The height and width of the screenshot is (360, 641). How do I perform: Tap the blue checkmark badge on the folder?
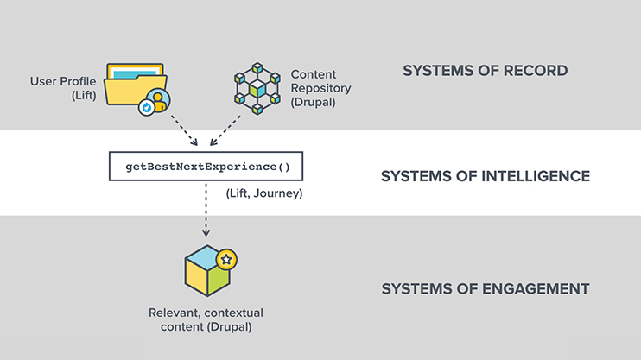click(x=147, y=107)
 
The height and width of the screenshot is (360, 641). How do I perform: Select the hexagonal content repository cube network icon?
click(x=257, y=88)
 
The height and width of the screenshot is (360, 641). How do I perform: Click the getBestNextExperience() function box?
click(x=206, y=165)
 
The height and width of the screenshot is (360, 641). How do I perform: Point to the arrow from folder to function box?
click(x=184, y=129)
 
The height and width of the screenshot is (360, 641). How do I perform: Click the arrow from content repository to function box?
click(x=226, y=129)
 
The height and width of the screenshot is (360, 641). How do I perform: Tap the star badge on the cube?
click(x=227, y=259)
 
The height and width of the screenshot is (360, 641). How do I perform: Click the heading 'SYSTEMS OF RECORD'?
click(x=485, y=71)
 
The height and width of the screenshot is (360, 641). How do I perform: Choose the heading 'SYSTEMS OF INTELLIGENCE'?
click(x=485, y=176)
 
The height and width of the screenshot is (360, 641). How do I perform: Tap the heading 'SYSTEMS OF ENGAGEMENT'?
click(x=485, y=288)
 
